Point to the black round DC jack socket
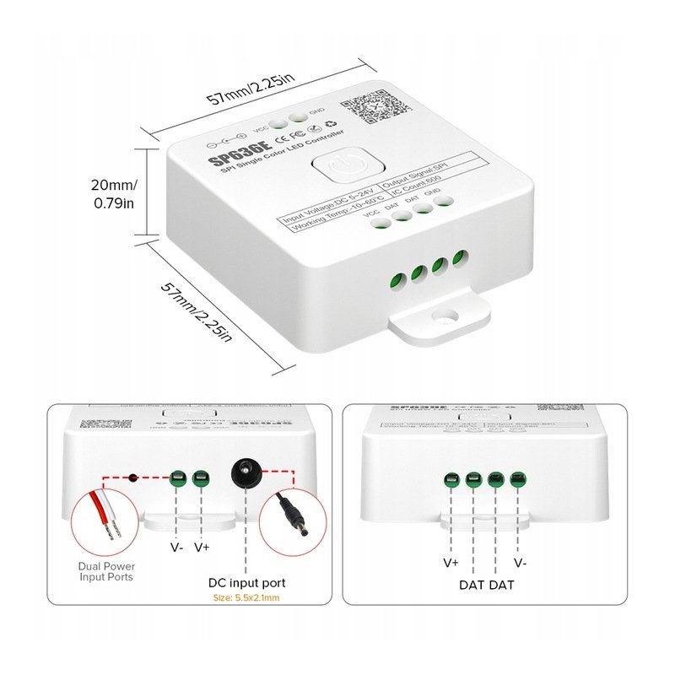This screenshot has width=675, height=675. click(246, 470)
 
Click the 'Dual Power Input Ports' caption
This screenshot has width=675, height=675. click(106, 572)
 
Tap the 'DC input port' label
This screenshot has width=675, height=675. click(246, 583)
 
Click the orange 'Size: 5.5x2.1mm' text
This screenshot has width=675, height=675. click(246, 600)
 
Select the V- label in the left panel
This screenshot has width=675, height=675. click(178, 547)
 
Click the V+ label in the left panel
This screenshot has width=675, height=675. click(202, 547)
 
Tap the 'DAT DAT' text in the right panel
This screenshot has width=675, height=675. click(486, 584)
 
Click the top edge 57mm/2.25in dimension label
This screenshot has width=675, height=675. click(251, 87)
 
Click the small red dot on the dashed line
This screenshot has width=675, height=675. click(132, 478)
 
